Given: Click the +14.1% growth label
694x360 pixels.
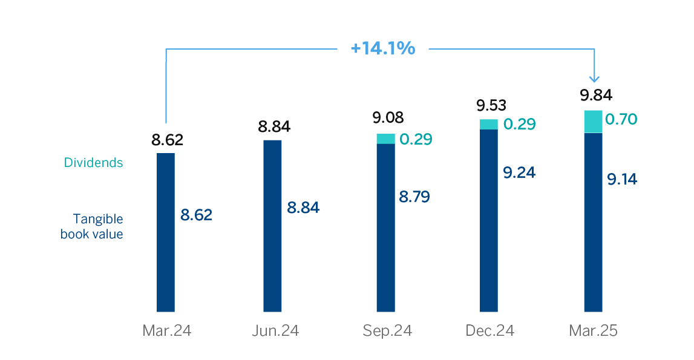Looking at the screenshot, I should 383,48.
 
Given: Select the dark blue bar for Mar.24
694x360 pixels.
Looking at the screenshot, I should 166,232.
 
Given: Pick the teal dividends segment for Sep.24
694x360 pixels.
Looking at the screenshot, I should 385,139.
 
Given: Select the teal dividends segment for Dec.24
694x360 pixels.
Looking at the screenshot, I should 489,124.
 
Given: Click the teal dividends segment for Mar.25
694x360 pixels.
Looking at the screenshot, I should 593,122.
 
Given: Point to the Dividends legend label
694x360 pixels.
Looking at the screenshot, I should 93,163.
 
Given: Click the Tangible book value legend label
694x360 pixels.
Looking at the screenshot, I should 92,226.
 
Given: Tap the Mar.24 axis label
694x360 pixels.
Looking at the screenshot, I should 166,331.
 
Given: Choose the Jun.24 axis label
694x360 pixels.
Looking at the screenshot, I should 275,331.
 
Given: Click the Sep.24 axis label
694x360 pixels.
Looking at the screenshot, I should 387,331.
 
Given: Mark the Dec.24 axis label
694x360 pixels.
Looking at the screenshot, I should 490,331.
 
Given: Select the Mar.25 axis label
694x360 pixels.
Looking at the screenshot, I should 593,331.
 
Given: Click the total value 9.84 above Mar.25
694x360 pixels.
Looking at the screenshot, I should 596,95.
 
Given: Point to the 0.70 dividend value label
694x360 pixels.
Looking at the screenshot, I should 621,119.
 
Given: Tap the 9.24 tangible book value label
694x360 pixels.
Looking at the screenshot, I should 519,172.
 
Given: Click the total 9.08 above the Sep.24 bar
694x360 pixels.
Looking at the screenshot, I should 388,117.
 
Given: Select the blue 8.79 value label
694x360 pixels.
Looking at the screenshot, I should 414,197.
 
